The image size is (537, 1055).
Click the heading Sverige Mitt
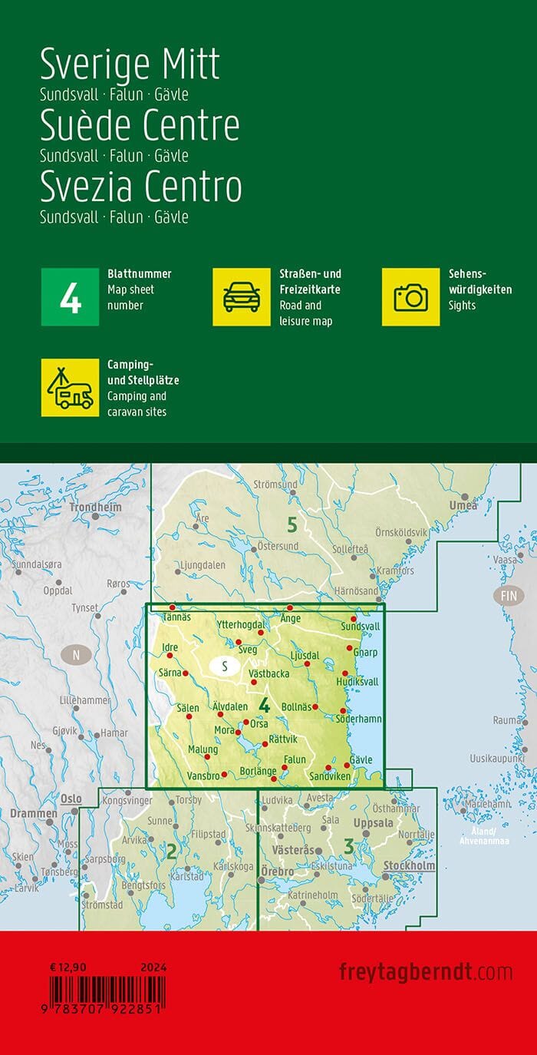tap(130, 64)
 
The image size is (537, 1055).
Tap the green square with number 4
tap(70, 297)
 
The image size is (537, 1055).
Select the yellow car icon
tap(241, 297)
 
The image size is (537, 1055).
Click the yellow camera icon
tap(410, 297)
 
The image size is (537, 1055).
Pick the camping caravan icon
tap(70, 388)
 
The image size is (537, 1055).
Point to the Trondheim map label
tap(95, 508)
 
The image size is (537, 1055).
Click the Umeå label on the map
tap(463, 505)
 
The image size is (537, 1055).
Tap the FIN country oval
tap(509, 596)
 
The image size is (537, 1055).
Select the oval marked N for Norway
tap(75, 655)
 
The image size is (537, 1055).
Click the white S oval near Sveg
tap(224, 666)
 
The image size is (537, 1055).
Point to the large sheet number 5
tap(292, 525)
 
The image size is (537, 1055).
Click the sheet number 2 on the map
tap(172, 850)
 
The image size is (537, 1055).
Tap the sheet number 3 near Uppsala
tap(349, 848)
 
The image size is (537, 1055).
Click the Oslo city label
tap(71, 799)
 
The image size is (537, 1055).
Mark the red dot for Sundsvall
tap(354, 619)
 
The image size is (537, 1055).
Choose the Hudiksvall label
tap(357, 682)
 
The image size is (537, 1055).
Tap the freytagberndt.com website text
tap(425, 972)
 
